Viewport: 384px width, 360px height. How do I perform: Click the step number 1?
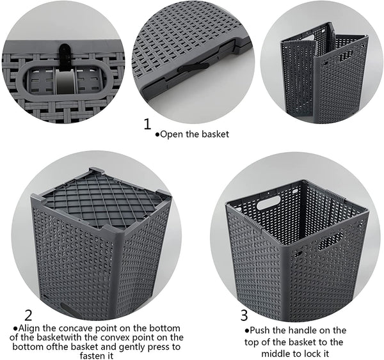(147, 124)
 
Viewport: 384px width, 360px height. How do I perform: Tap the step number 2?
(28, 315)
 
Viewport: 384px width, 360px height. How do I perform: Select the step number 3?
(244, 315)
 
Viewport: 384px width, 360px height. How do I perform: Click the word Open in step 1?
(172, 134)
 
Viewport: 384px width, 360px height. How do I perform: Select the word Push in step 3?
(260, 331)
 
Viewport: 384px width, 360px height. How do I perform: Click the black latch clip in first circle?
(65, 56)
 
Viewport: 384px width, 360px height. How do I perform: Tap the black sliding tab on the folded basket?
(194, 67)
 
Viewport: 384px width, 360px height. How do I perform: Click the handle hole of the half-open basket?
(345, 56)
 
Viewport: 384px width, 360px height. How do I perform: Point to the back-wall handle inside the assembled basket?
(268, 202)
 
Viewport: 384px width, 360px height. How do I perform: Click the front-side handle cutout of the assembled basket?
(330, 242)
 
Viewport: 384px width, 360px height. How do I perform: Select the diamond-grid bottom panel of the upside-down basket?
(104, 200)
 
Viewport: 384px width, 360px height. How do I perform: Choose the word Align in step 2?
(29, 328)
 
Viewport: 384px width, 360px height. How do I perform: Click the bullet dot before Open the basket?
(157, 134)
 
